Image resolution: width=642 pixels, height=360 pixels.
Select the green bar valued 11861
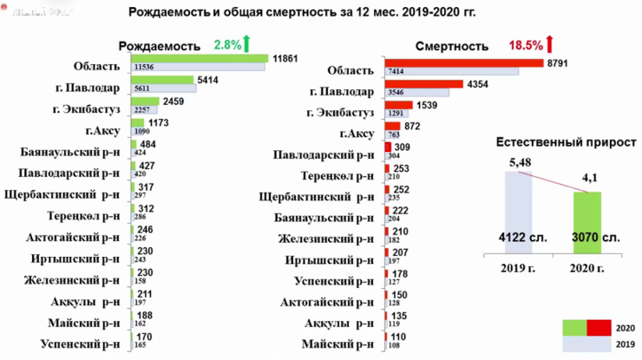200,58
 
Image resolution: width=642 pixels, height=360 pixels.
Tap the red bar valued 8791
464,63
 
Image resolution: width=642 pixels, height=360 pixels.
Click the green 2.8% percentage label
227,44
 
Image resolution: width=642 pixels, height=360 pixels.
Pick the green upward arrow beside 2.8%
248,43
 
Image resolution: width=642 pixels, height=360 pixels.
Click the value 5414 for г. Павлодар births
209,80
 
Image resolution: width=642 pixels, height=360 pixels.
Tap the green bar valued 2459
146,101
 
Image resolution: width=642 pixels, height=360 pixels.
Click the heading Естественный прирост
566,142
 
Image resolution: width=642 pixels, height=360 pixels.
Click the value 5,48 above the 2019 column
518,162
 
